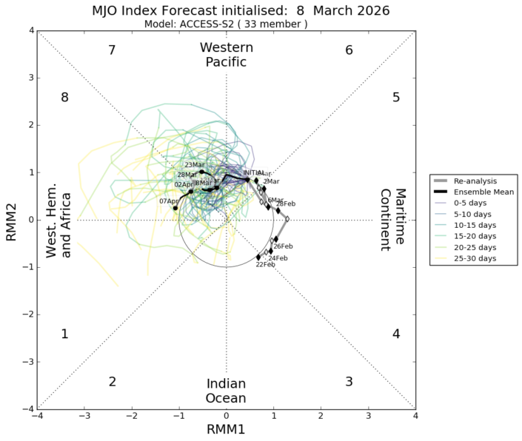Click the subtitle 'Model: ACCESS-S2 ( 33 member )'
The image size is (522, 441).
point(225,24)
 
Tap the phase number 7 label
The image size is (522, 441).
point(112,50)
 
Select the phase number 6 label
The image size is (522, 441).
point(349,50)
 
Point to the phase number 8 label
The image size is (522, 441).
point(65,98)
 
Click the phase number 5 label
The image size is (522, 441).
point(396,98)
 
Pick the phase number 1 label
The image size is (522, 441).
point(65,334)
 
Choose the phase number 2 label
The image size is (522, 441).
point(112,382)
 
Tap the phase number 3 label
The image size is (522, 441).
point(349,382)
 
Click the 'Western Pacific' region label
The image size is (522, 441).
point(227,55)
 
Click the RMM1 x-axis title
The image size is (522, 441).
point(227,430)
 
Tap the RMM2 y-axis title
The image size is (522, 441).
point(11,220)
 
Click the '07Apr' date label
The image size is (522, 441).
point(168,201)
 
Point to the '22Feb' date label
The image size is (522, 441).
point(265,264)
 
